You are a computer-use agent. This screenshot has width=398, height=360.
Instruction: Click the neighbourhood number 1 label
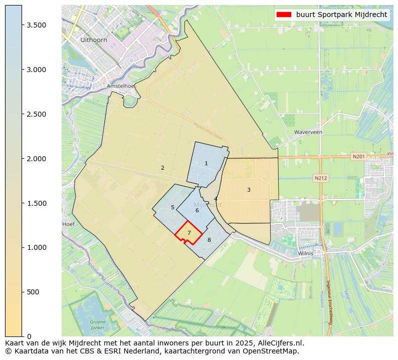206,164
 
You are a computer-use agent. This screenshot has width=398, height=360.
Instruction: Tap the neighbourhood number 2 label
162,168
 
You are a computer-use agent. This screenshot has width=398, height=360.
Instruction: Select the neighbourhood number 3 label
249,190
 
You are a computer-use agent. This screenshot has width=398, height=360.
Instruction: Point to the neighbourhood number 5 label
172,208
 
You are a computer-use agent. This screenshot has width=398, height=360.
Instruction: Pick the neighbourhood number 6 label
197,211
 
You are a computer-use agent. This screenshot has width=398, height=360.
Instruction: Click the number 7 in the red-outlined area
189,233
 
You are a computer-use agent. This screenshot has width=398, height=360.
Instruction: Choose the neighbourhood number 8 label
209,240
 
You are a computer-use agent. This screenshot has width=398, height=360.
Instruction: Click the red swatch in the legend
284,15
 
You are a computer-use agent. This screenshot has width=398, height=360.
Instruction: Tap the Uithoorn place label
94,40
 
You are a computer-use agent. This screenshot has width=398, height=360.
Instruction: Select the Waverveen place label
308,132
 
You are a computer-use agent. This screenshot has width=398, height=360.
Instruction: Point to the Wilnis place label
305,253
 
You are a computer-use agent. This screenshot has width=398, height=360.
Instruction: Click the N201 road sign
358,157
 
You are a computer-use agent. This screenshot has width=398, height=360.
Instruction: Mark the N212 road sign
320,178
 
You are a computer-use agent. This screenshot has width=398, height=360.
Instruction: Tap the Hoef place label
68,224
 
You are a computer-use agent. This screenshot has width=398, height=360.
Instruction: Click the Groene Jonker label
98,324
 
